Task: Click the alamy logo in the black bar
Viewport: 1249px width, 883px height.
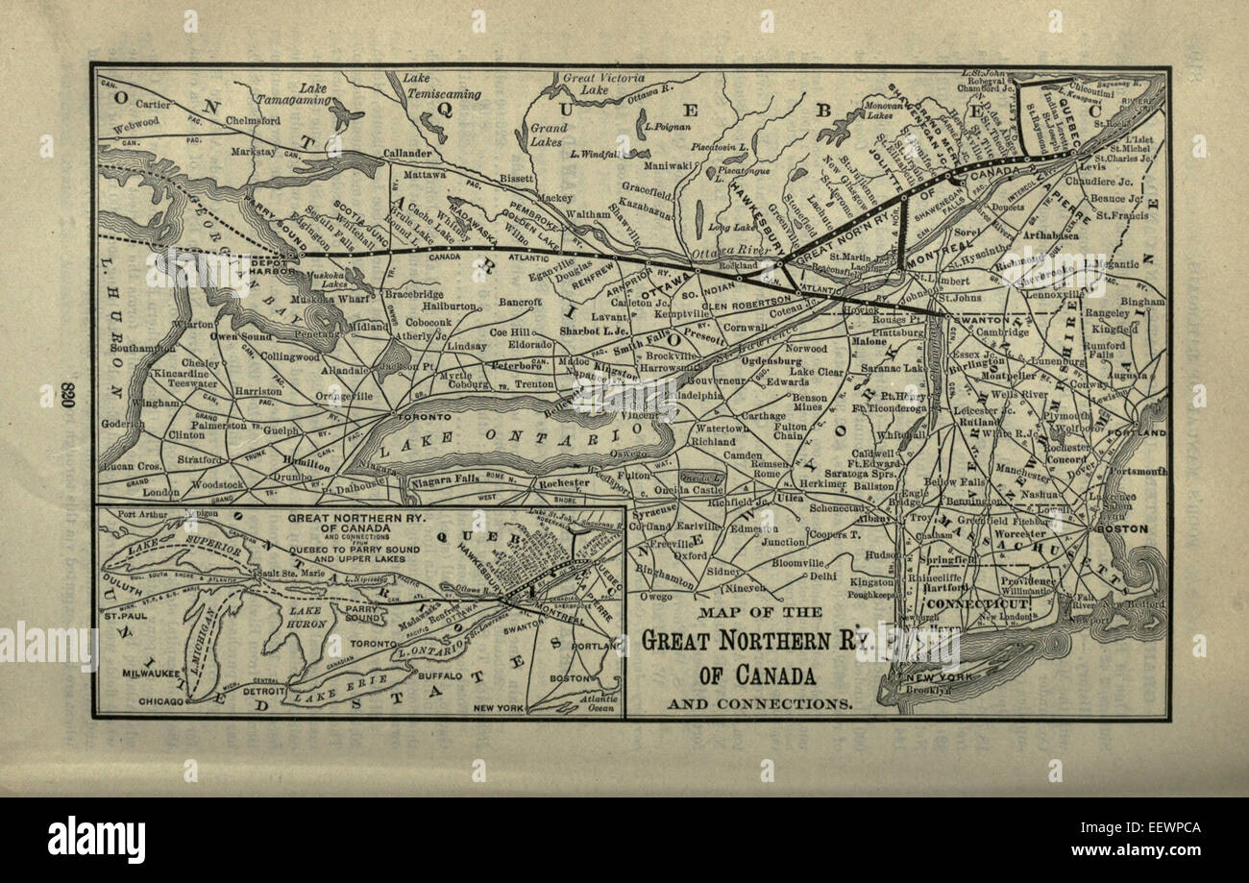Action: (96, 840)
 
